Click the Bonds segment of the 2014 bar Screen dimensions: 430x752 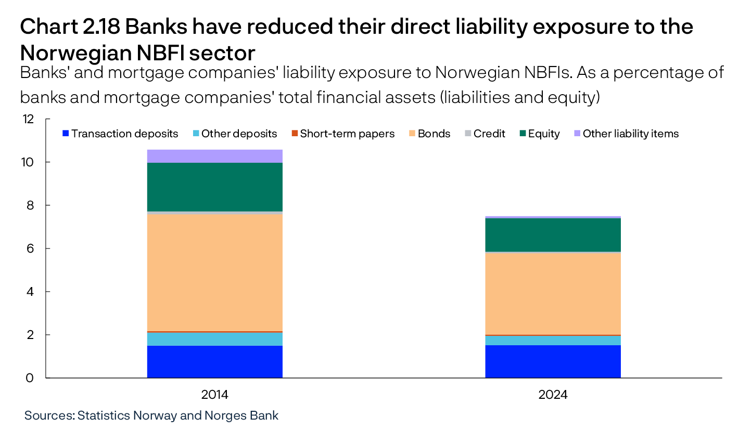[x=214, y=272]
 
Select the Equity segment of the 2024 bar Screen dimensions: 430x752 [x=553, y=234]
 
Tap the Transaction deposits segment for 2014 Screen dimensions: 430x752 [x=214, y=361]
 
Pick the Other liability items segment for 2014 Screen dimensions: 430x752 [x=214, y=156]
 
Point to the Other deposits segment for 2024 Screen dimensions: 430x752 [x=553, y=340]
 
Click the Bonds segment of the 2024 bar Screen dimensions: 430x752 [x=553, y=294]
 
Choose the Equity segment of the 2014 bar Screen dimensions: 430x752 [x=214, y=187]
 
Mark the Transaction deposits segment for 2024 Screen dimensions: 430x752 [x=553, y=361]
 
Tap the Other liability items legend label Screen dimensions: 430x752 [x=630, y=134]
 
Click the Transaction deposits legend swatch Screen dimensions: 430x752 [x=66, y=134]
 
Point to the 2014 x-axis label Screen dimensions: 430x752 [x=214, y=395]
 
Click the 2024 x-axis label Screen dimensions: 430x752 [x=553, y=395]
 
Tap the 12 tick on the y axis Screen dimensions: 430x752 [x=29, y=119]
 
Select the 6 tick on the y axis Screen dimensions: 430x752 [x=31, y=249]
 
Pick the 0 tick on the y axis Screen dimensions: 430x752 [x=31, y=378]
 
